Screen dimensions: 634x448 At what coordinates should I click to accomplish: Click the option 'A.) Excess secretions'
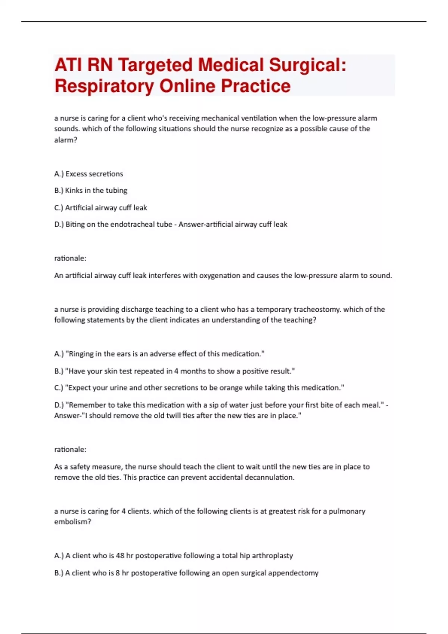point(88,174)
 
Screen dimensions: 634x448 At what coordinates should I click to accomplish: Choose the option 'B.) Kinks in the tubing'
point(91,191)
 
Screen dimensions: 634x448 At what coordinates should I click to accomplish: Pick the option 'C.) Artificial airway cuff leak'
point(100,208)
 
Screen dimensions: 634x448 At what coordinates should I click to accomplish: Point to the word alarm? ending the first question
point(66,140)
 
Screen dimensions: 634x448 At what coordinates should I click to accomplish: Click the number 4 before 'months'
point(176,371)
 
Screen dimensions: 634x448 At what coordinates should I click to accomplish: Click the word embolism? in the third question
point(72,522)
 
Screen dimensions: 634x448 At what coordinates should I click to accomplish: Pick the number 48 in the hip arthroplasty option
point(120,556)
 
